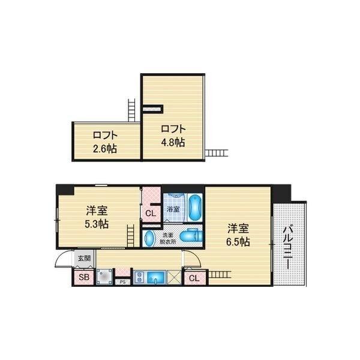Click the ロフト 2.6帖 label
(x=104, y=142)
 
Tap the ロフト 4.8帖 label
(x=172, y=136)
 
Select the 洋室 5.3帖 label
(x=96, y=217)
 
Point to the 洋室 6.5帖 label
(x=238, y=235)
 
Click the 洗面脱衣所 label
(x=169, y=239)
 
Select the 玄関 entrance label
(x=83, y=259)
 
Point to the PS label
(x=122, y=281)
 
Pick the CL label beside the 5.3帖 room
(x=150, y=213)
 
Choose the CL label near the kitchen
(x=194, y=278)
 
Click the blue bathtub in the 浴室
(x=195, y=208)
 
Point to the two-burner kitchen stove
(x=139, y=277)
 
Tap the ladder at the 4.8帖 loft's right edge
(x=216, y=154)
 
